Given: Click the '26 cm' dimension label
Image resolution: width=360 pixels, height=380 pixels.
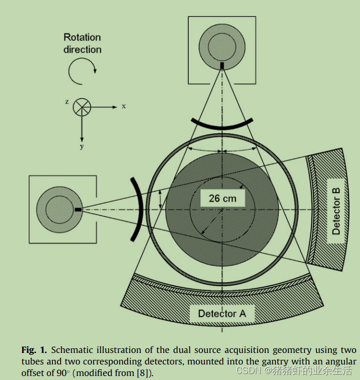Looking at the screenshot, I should (222, 198).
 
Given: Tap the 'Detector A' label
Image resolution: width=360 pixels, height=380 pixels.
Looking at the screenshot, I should (222, 314).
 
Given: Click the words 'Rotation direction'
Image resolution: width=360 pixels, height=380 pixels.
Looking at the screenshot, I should (82, 43).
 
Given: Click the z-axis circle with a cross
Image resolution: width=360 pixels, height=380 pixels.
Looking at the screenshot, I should (82, 107).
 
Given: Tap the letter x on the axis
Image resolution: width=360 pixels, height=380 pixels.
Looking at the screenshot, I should (123, 106).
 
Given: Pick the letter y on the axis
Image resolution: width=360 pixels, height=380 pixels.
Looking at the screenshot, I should (82, 146).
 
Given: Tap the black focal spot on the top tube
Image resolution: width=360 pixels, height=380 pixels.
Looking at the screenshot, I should (222, 65).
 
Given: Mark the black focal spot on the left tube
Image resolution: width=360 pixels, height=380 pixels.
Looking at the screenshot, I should (78, 209).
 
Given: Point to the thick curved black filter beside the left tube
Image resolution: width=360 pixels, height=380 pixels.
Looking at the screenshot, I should (138, 209).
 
